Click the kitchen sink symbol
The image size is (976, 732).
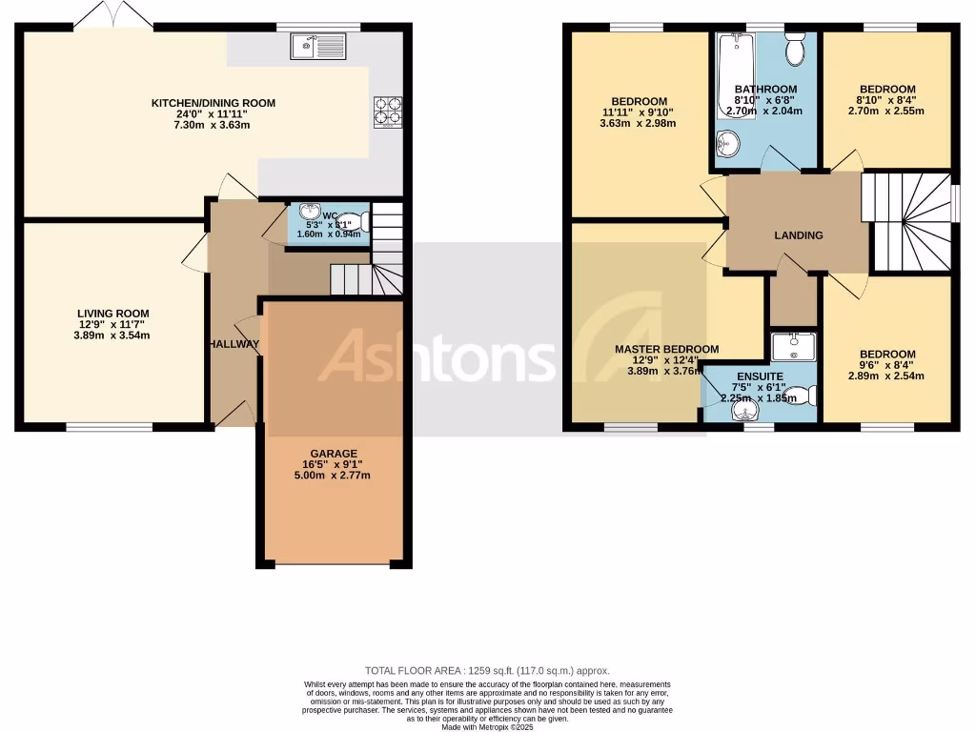click(x=320, y=43)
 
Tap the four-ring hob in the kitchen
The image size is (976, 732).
click(x=387, y=111)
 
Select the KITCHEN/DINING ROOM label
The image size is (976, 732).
click(x=213, y=103)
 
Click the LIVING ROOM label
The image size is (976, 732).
click(x=112, y=313)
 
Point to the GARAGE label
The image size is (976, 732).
click(x=333, y=453)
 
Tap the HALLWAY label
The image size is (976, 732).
click(x=234, y=344)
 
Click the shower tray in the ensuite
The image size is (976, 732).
click(x=793, y=347)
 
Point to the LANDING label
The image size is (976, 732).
click(x=798, y=235)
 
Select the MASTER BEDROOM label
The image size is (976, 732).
click(x=666, y=350)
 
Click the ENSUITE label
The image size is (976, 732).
click(x=760, y=376)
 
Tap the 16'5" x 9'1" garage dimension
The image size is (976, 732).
click(x=333, y=464)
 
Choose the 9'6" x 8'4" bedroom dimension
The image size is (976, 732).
click(x=886, y=365)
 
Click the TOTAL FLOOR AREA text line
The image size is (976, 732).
click(x=487, y=671)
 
